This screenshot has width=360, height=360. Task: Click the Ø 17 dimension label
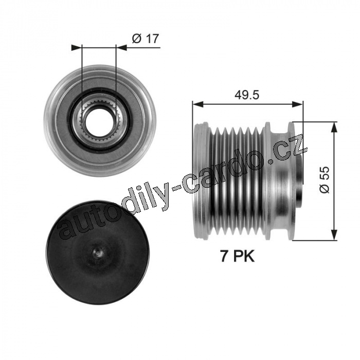tap(146, 39)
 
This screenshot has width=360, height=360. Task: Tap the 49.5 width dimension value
tap(247, 95)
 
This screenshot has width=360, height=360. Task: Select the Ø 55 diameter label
tap(324, 180)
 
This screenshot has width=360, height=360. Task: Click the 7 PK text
tap(238, 256)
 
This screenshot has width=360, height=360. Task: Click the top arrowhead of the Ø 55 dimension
tap(334, 127)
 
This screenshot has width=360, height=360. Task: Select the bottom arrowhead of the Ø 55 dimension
tap(334, 235)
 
